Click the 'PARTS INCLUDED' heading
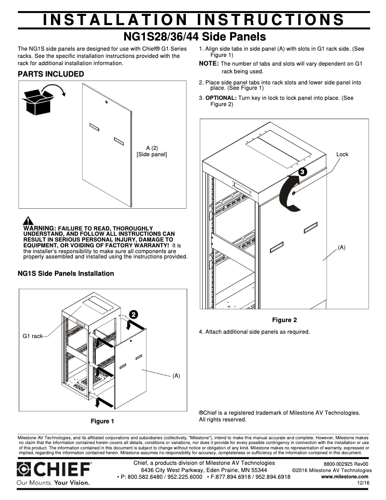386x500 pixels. pos(51,74)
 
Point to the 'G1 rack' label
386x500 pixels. pos(33,336)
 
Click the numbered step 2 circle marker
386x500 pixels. pos(133,314)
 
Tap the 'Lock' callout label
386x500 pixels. pos(342,154)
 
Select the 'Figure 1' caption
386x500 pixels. pos(103,421)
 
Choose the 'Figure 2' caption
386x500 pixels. pos(284,320)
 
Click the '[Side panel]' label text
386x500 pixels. pos(152,154)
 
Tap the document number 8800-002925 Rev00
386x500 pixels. pos(345,463)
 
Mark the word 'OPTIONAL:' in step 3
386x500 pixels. pos(221,98)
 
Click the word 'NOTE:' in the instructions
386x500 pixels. pos(209,64)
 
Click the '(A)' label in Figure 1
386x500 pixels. pos(176,375)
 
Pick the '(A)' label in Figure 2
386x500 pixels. pos(341,247)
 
